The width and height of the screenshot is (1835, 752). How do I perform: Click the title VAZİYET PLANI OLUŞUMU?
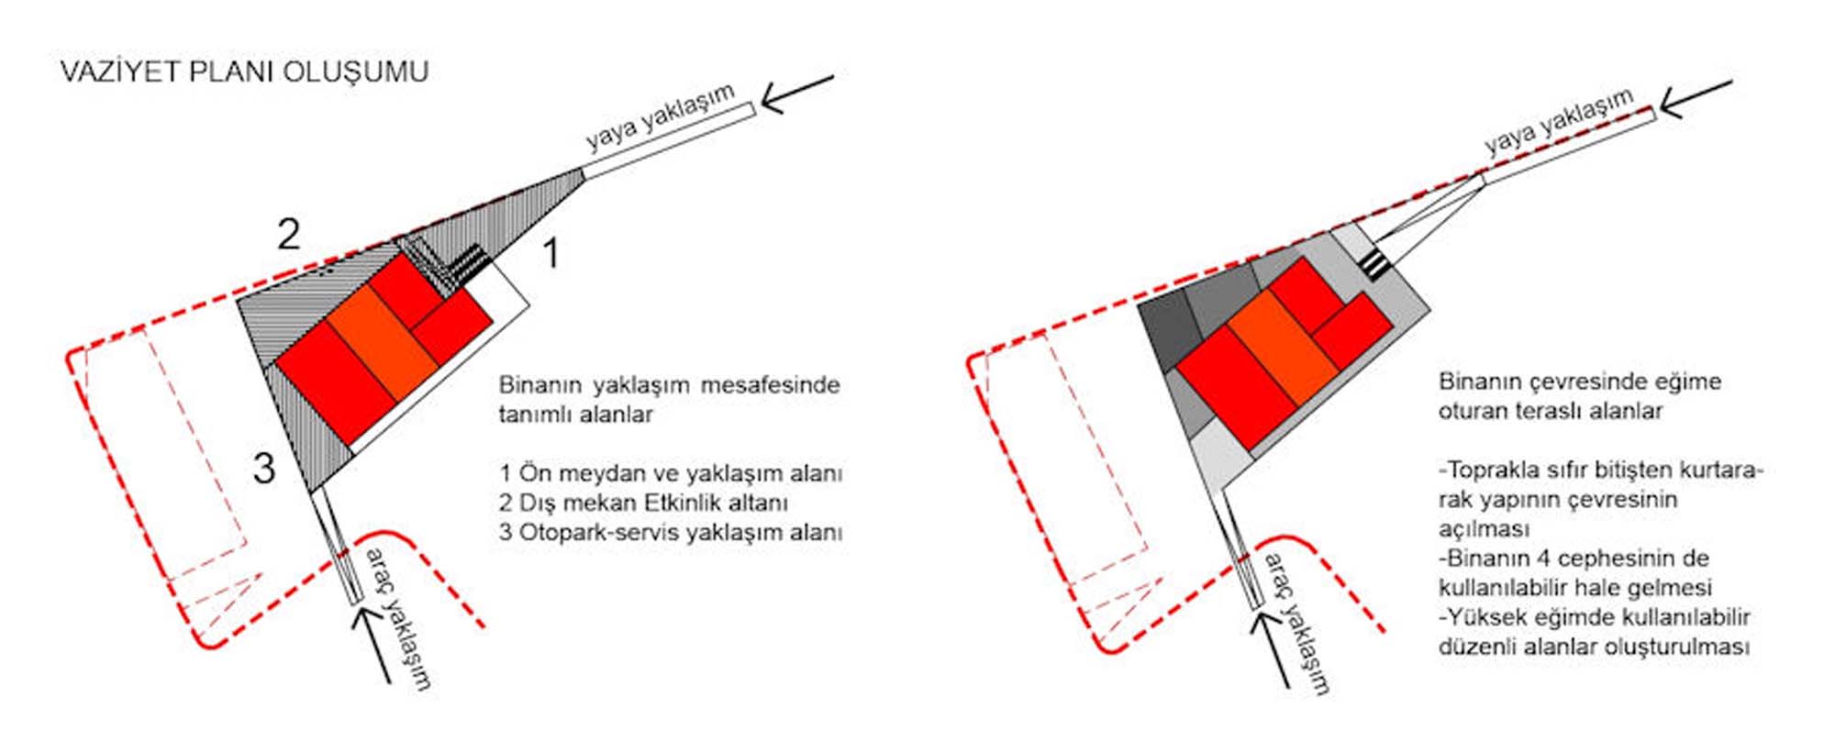click(244, 72)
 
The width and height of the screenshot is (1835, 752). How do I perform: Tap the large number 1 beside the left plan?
click(550, 253)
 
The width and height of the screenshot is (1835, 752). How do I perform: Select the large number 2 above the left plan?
click(289, 234)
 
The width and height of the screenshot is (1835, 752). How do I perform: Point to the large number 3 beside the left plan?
click(264, 469)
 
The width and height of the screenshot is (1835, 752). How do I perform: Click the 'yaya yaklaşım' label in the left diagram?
click(661, 117)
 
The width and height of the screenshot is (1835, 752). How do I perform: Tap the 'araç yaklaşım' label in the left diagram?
click(397, 618)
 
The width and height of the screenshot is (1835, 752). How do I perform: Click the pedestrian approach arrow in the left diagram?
click(797, 94)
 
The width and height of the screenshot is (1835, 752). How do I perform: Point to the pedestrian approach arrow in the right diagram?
click(1696, 99)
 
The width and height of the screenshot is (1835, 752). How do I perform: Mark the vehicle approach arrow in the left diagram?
click(372, 645)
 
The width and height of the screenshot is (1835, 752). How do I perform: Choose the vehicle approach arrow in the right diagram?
click(1271, 648)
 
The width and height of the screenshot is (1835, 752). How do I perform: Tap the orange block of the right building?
click(1283, 347)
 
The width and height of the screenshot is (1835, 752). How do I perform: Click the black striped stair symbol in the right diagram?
click(1374, 263)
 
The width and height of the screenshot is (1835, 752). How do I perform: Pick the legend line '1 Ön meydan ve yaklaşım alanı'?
click(671, 473)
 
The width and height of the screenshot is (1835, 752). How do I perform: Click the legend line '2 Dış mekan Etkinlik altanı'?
click(644, 503)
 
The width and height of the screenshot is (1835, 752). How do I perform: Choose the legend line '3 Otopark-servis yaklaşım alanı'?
click(671, 532)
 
